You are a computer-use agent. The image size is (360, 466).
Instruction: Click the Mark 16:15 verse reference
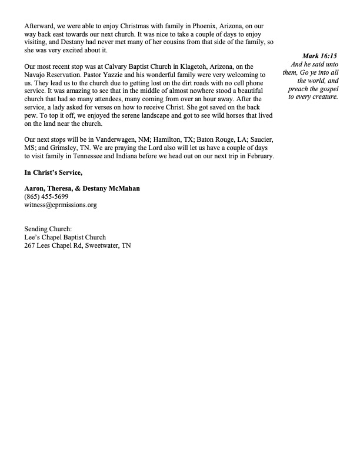pos(319,55)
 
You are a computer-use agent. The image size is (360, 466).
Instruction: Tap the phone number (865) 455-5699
pos(45,197)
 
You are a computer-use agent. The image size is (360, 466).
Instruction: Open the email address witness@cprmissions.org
pos(60,205)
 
